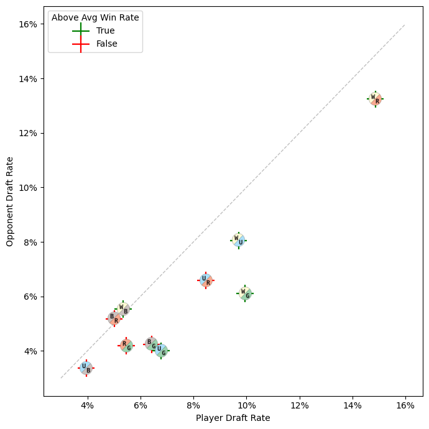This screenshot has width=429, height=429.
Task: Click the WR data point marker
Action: (375, 99)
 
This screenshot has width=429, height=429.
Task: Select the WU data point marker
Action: (238, 241)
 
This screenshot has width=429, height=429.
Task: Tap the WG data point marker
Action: (245, 293)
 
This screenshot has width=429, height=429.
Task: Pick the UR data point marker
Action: (206, 280)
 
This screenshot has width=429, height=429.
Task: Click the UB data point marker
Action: (86, 368)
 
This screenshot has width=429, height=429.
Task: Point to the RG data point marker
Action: (126, 346)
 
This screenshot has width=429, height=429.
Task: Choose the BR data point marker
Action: (114, 318)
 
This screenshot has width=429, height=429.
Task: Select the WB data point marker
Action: (123, 309)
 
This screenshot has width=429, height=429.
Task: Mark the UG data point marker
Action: (161, 351)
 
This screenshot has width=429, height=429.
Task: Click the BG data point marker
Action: (152, 344)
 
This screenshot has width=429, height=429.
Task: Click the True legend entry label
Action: (105, 30)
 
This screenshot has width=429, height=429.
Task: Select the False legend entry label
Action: (106, 44)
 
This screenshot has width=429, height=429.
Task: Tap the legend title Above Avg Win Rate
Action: (95, 17)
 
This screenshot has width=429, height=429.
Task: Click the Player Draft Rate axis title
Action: (233, 418)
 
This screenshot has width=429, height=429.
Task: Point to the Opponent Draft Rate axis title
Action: (10, 201)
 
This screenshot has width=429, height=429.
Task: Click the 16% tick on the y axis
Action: (29, 24)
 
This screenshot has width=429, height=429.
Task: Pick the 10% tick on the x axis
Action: (246, 405)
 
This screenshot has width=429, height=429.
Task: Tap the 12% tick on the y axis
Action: (29, 133)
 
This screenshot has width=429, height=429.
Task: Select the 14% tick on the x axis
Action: (353, 405)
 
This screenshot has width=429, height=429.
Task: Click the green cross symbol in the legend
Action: (81, 30)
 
